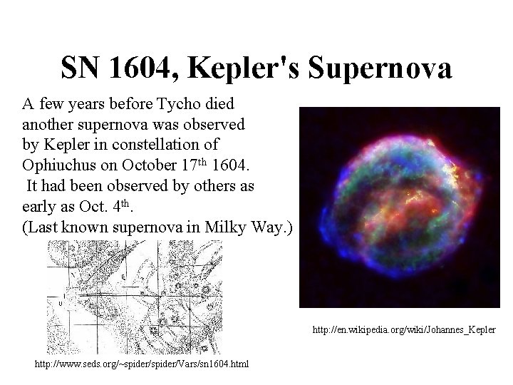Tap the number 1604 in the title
146,68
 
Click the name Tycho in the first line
166,104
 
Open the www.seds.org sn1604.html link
142,365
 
